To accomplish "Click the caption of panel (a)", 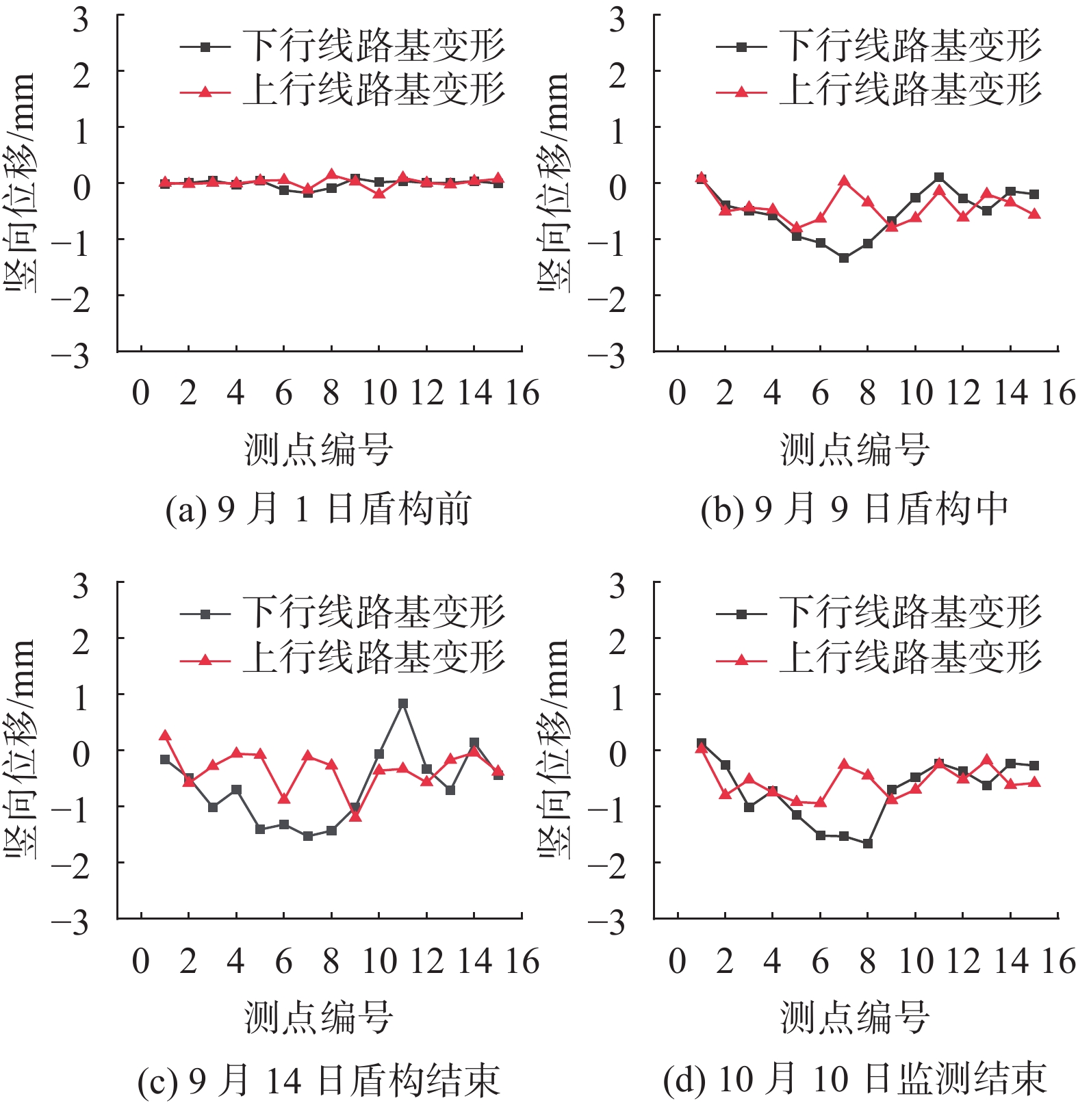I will pos(318,510).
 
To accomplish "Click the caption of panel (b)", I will pos(855,510).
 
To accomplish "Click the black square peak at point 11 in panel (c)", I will pos(403,703).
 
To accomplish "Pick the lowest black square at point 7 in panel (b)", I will pos(844,258).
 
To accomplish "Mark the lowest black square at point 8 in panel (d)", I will pos(868,844).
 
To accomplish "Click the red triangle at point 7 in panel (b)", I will pos(844,181).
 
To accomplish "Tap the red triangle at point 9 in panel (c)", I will pos(355,816).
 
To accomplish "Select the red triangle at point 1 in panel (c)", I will pos(165,736).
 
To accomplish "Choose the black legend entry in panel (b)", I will pos(879,47).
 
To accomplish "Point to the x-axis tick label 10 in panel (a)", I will pos(379,393).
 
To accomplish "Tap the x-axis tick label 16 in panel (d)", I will pos(1058,962).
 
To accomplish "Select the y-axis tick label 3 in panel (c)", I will pos(81,586).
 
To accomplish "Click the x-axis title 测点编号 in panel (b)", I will pos(855,450).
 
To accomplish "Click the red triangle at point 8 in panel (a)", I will pos(331,174).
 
